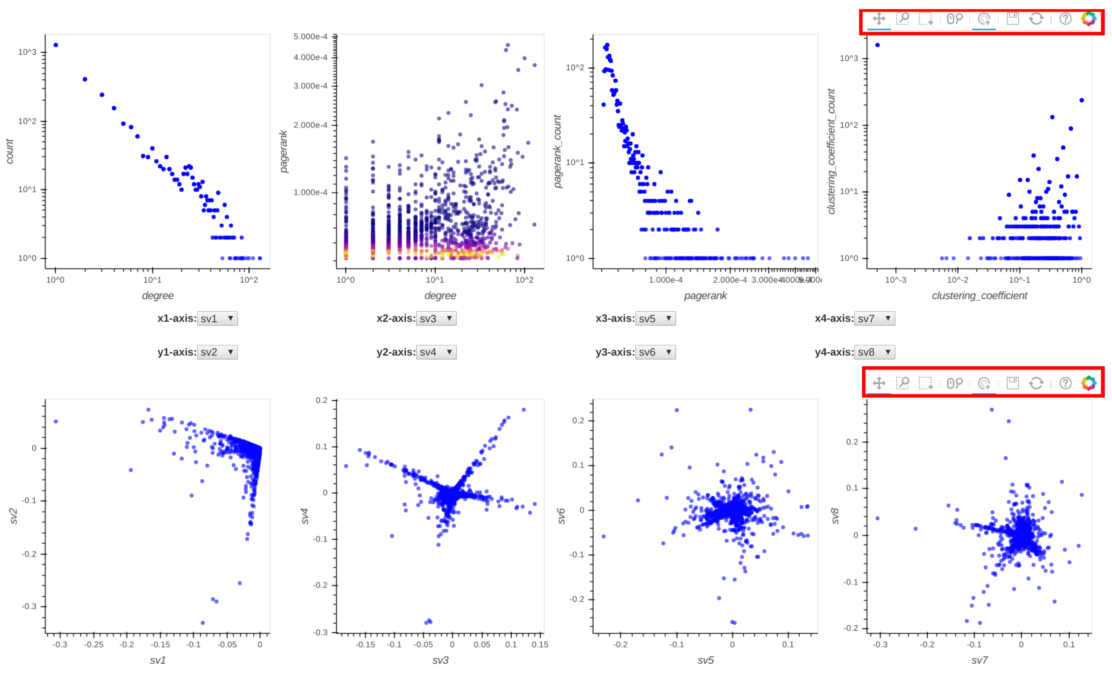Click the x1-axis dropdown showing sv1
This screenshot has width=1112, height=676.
217,318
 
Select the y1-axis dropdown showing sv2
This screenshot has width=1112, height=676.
217,352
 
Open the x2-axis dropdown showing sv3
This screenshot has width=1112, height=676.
436,318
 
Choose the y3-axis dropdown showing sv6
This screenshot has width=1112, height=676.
655,352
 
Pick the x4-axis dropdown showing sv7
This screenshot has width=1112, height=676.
874,318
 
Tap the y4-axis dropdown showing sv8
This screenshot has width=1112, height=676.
874,352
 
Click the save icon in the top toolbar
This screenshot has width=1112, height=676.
1013,19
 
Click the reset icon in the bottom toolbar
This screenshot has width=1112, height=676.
1036,383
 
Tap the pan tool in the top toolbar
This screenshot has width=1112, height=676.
879,19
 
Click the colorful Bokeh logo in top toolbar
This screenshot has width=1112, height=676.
1088,19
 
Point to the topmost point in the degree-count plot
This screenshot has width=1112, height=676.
56,45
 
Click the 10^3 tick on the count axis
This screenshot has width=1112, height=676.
27,52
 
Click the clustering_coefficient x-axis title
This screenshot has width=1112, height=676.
979,296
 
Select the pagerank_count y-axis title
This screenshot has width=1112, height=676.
558,151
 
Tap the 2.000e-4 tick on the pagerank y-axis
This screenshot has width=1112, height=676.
310,125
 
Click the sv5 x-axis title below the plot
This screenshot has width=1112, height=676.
705,661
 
